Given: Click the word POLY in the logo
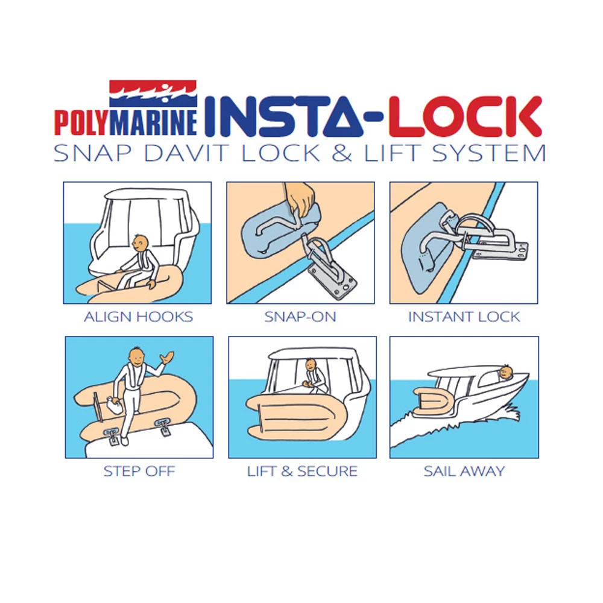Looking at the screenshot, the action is point(81,122).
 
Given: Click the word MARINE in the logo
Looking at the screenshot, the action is point(153,122).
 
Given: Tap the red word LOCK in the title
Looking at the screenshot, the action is point(465,117).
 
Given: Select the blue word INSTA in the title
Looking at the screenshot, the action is point(284,117).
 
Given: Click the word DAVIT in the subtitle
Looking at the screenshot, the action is point(186,153).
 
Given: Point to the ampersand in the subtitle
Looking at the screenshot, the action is point(342,153).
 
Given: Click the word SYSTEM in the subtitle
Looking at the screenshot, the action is point(489,153).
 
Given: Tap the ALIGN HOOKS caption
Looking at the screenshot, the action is point(139,317).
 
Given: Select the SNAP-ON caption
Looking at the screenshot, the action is point(300,317).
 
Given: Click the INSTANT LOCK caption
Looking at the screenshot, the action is point(464,317).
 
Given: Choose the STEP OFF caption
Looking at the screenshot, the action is point(139,471).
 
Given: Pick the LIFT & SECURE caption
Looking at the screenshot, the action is point(302,471).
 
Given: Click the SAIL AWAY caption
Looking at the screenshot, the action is point(464,471).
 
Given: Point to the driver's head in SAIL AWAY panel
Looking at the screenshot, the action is point(506,372).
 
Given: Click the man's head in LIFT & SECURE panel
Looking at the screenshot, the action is point(310,364).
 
